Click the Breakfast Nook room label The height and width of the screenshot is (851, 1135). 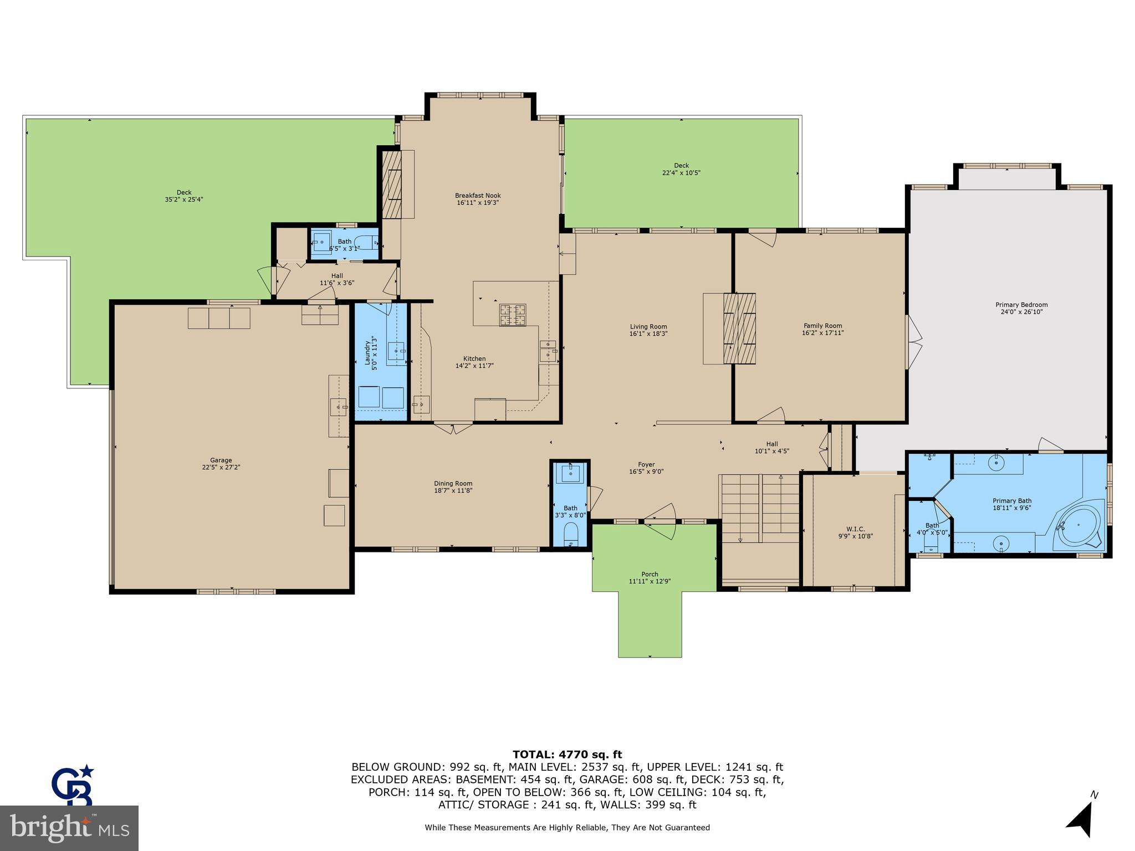[x=478, y=196]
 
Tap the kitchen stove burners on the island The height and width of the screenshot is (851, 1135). [x=513, y=315]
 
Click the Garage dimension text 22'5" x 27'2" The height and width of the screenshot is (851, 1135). [x=221, y=467]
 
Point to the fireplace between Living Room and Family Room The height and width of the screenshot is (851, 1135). [x=740, y=328]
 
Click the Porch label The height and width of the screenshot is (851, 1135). [x=650, y=574]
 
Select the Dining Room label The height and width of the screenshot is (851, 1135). [x=453, y=484]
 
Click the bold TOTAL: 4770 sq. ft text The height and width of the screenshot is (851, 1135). [x=567, y=754]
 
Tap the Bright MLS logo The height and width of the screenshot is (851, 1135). [x=69, y=828]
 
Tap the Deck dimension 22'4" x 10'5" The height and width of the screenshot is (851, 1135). [x=681, y=172]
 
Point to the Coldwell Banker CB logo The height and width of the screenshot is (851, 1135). [x=72, y=785]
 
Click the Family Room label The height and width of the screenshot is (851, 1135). [x=822, y=326]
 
